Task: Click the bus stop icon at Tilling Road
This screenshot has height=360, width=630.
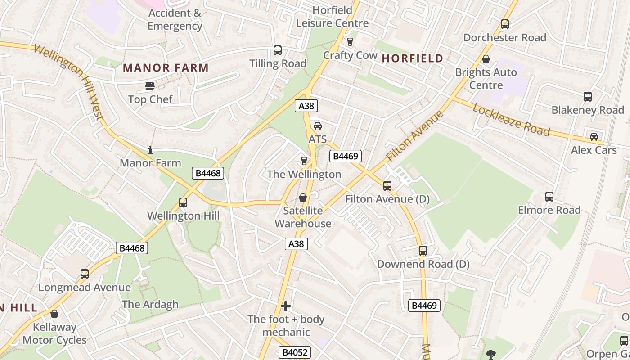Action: (278, 50)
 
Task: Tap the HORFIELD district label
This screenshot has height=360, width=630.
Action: (413, 58)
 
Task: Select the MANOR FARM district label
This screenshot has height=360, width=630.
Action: (166, 68)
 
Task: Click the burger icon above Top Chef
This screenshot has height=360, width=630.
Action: (149, 85)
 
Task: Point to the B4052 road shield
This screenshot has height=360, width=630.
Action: (295, 352)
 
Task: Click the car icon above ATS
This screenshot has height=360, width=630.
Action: (318, 126)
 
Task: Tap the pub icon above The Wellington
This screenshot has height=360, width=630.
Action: (304, 161)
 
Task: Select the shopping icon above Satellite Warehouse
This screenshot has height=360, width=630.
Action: (303, 198)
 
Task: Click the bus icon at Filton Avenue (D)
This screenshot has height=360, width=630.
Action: (387, 185)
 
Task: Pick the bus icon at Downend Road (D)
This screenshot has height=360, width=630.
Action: (423, 251)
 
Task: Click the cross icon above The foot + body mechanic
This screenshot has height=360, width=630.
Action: (286, 306)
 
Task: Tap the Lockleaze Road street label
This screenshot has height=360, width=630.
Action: (511, 119)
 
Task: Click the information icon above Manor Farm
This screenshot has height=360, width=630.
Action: (150, 150)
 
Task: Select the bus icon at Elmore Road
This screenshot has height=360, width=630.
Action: (549, 197)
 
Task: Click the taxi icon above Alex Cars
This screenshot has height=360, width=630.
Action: (594, 136)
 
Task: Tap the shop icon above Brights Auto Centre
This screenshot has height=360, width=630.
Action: (486, 59)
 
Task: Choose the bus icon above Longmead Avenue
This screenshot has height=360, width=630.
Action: (85, 274)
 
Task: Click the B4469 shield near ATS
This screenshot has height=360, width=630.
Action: (346, 156)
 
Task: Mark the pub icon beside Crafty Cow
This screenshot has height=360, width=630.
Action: (350, 42)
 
